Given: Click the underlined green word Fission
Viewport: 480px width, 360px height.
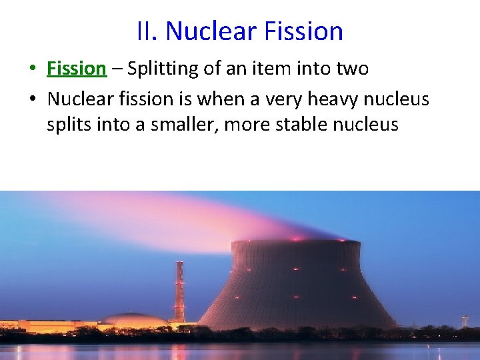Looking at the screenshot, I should click(77, 68).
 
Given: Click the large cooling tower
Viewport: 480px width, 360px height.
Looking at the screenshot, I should click(297, 287).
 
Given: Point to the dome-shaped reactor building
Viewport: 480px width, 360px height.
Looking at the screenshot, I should click(137, 321).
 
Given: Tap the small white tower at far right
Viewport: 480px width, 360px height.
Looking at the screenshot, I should click(465, 321).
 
